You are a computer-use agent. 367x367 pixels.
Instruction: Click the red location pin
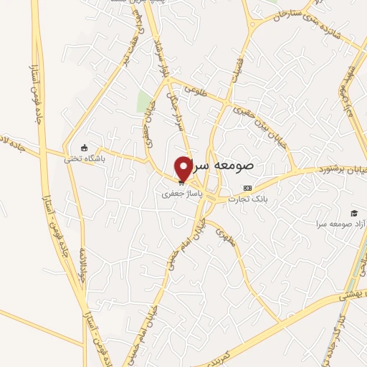point(183,168)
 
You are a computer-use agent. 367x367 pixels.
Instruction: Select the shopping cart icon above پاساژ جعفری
point(181,182)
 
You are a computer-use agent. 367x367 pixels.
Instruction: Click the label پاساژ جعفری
point(180,194)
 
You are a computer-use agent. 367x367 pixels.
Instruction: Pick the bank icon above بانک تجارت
point(249,187)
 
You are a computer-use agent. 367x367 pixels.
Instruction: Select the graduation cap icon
point(353,213)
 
